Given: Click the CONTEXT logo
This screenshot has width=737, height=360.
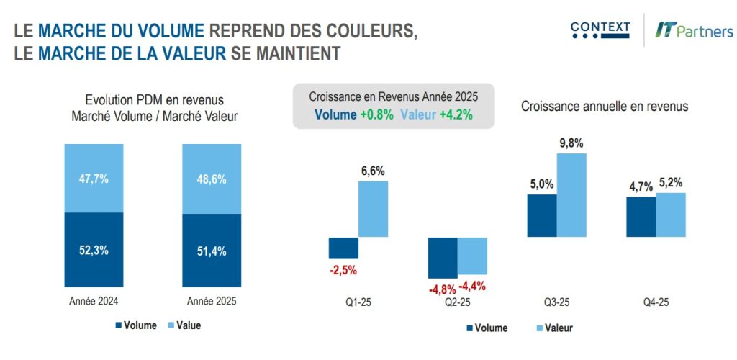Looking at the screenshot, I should pyautogui.click(x=600, y=30).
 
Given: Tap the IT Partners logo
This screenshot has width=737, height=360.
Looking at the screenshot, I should pyautogui.click(x=694, y=31).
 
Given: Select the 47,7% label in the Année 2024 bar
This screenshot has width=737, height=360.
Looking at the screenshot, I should pyautogui.click(x=94, y=179).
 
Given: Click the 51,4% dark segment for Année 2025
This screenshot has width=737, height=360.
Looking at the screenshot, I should pyautogui.click(x=212, y=251).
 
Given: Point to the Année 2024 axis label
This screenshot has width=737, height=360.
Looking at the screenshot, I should pyautogui.click(x=94, y=301).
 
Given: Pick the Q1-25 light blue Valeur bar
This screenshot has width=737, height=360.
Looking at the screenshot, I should pyautogui.click(x=373, y=209).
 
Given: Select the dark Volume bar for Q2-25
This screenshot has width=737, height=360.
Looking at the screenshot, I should pyautogui.click(x=442, y=257).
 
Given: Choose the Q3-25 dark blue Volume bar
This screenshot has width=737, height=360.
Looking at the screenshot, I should pyautogui.click(x=542, y=215).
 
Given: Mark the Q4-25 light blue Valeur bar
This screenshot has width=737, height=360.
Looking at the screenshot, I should pyautogui.click(x=671, y=215).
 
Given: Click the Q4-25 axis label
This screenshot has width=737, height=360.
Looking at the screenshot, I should pyautogui.click(x=655, y=302).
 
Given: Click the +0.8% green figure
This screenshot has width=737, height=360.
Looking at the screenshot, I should pyautogui.click(x=376, y=114).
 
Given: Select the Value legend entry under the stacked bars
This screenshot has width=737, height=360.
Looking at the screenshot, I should pyautogui.click(x=185, y=325).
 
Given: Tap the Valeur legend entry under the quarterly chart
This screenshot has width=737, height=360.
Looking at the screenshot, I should pyautogui.click(x=553, y=328).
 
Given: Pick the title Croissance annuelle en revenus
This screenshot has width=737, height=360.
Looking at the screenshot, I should pyautogui.click(x=605, y=106).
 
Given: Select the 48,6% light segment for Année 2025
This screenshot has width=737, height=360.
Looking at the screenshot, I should pyautogui.click(x=212, y=179).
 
